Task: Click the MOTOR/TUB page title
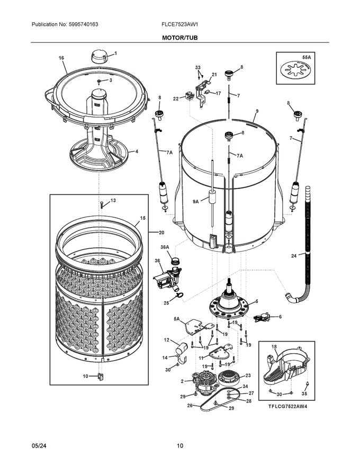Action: (179, 38)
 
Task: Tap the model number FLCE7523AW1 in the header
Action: (179, 25)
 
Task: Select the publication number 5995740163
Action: (65, 25)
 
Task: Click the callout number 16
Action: (61, 58)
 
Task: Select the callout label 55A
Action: (305, 56)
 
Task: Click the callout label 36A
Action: (165, 247)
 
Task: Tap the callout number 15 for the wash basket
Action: (142, 218)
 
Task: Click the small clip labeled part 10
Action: (100, 376)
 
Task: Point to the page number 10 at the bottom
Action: (180, 446)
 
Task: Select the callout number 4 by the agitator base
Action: (136, 151)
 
